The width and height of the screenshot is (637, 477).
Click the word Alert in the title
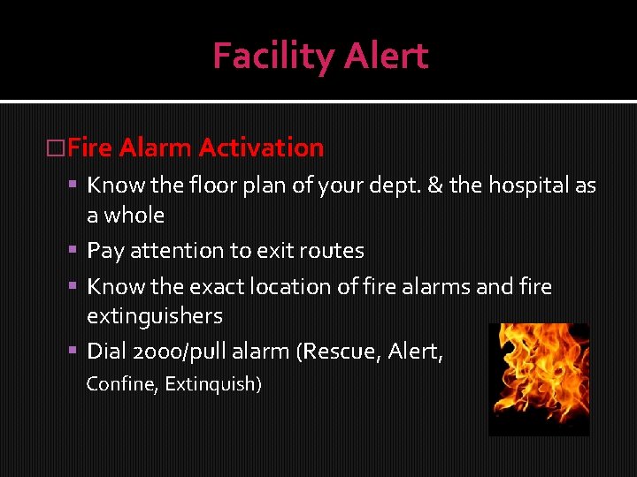[x=386, y=57]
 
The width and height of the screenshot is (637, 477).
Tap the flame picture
[x=538, y=379]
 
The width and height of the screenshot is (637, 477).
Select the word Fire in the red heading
[x=89, y=148]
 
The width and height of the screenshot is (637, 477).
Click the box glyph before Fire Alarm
[x=56, y=148]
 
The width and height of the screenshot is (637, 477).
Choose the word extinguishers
[x=154, y=316]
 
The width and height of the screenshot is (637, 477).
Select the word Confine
[x=120, y=384]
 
